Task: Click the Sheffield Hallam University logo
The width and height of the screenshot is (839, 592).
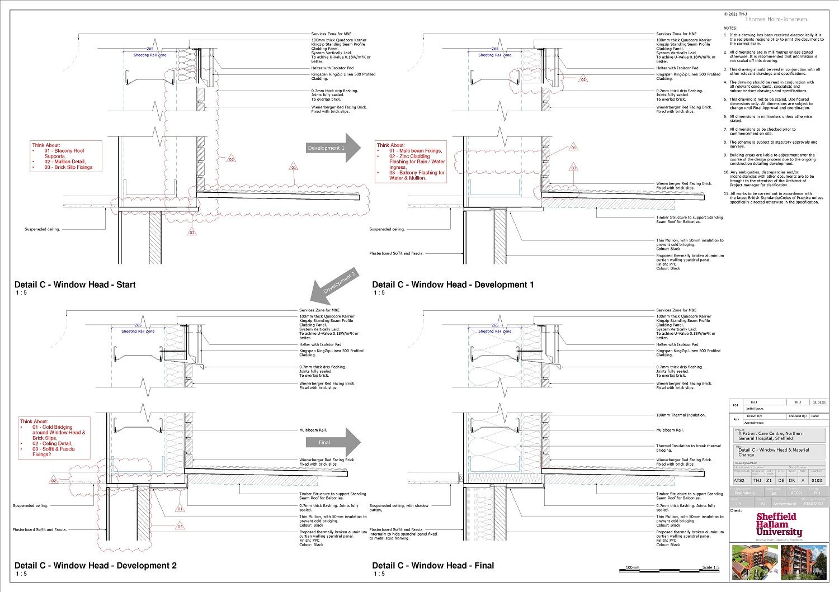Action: pyautogui.click(x=779, y=525)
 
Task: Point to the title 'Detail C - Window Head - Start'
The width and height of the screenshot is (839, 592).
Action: pyautogui.click(x=75, y=285)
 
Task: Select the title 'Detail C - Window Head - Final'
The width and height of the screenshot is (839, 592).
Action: pyautogui.click(x=433, y=566)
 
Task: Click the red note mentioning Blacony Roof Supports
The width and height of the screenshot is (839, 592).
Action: pyautogui.click(x=67, y=156)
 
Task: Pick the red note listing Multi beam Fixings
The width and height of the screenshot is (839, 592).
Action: pyautogui.click(x=412, y=162)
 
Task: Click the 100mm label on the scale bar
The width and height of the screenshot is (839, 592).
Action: pyautogui.click(x=632, y=567)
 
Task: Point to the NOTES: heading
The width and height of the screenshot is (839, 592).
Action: pyautogui.click(x=730, y=28)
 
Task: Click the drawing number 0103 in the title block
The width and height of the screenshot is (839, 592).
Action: pyautogui.click(x=817, y=480)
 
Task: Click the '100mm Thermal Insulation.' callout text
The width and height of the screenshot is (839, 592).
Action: pyautogui.click(x=681, y=415)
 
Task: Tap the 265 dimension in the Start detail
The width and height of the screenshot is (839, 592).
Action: pyautogui.click(x=150, y=49)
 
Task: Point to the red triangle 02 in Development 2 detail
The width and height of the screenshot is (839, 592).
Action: pyautogui.click(x=54, y=480)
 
